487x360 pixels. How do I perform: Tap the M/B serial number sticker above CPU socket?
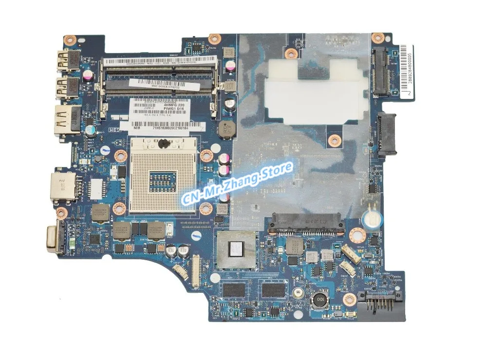tap(161, 126)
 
